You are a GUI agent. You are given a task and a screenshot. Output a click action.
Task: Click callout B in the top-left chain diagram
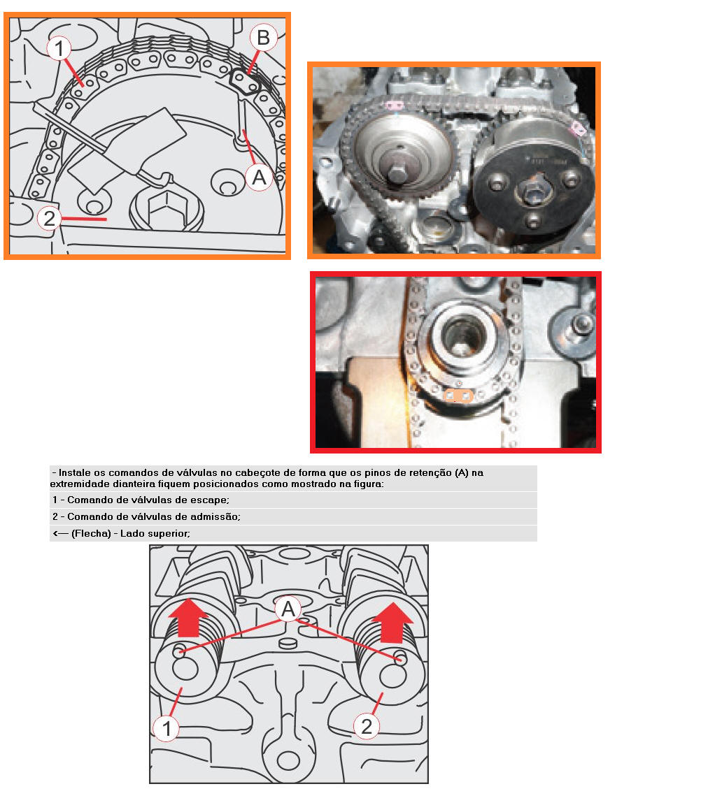tap(263, 36)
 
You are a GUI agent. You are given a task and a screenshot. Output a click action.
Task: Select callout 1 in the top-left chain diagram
tap(60, 48)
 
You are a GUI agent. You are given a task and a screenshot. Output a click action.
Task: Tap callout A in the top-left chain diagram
tap(259, 179)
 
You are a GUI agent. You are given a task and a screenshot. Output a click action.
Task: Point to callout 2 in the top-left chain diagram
tap(49, 218)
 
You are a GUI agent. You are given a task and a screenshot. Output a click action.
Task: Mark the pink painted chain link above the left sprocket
tap(393, 105)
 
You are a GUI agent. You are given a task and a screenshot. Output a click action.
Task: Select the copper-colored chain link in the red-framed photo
tap(459, 396)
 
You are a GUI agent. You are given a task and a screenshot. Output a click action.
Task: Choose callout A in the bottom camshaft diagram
tap(288, 608)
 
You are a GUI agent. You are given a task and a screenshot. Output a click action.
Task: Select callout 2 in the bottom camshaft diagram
tap(367, 727)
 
